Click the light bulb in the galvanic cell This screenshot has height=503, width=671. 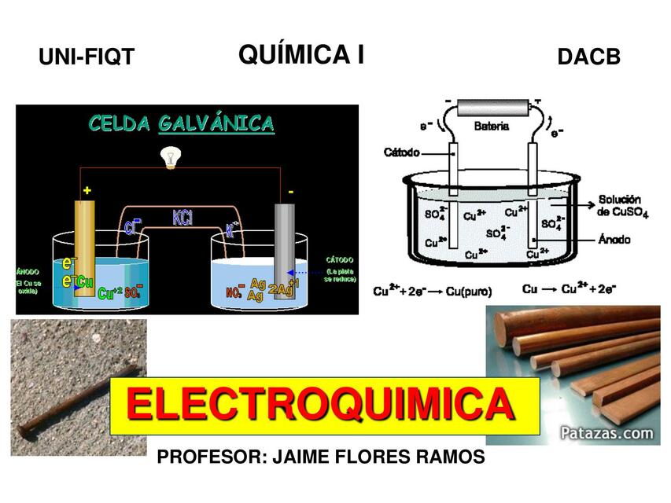[167, 156]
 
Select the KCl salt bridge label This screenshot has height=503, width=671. [182, 217]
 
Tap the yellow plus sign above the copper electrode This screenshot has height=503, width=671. [87, 190]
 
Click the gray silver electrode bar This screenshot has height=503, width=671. [284, 251]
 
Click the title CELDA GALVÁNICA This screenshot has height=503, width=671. [181, 124]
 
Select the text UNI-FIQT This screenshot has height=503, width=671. [87, 57]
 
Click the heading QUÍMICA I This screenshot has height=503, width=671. [300, 55]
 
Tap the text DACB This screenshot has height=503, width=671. [588, 57]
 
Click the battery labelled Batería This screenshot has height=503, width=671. [492, 108]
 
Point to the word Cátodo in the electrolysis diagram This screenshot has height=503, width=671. [402, 152]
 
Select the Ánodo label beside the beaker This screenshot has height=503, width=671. [618, 239]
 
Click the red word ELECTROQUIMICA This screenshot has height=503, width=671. [323, 406]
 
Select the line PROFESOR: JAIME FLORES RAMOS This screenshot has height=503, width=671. [321, 457]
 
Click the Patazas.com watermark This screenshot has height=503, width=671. [606, 432]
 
